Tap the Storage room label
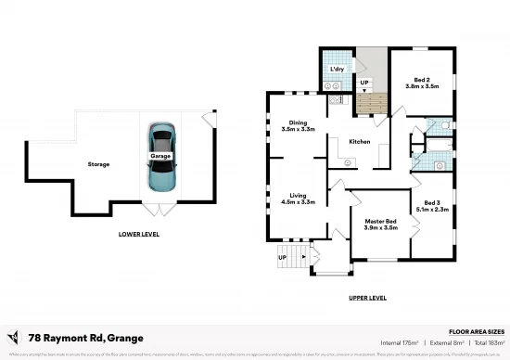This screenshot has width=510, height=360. click(99, 164)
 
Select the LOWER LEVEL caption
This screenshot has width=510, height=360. click(138, 234)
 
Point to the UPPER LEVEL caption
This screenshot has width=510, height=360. click(366, 298)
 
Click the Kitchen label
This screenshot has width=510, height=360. click(359, 142)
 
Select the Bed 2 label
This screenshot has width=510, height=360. click(421, 80)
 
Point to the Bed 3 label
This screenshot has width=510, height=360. click(431, 203)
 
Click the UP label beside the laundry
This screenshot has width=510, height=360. click(364, 83)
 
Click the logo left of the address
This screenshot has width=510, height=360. click(13, 336)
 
